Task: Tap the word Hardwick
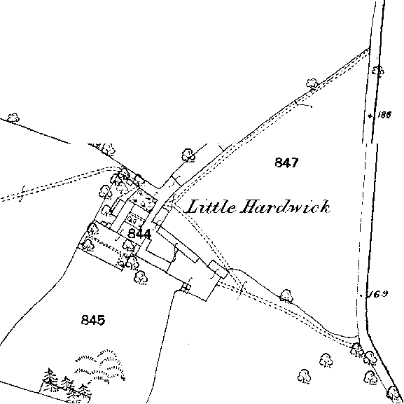tap(285, 207)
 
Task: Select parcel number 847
tap(286, 162)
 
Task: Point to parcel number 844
tap(139, 234)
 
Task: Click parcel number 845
tap(93, 320)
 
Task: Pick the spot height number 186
tap(384, 115)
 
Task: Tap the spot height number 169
tap(379, 294)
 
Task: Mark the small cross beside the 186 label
tap(370, 116)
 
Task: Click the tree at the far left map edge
tap(13, 118)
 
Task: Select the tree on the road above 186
tap(378, 71)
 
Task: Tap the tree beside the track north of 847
tap(312, 83)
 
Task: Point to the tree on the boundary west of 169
tap(286, 295)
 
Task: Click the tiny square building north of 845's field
tap(186, 287)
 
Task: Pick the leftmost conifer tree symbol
tap(50, 378)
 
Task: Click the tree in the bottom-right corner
tap(393, 393)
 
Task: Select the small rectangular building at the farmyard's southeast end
tap(218, 270)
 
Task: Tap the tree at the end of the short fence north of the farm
tap(188, 155)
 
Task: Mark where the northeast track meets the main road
tap(369, 49)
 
